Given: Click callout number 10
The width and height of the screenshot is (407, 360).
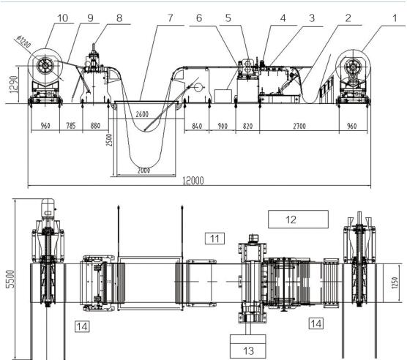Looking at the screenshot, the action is point(62,18).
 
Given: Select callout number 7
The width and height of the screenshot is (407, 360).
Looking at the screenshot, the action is point(170,18).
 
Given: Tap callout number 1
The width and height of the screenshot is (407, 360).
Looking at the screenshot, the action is point(395,18).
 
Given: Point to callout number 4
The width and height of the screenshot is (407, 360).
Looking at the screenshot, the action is point(283,18).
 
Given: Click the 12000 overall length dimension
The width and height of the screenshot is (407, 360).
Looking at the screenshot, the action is point(193,181).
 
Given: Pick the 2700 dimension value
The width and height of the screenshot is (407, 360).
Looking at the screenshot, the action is point(299,126).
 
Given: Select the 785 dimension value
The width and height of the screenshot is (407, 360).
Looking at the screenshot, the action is point(70,126).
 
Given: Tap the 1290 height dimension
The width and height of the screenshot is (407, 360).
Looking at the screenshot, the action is point(14,84).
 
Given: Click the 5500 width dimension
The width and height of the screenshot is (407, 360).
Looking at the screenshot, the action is point(11,279).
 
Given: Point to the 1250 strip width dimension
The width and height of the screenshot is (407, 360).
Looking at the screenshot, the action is point(395,282).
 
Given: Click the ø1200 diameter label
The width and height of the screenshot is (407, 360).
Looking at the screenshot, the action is point(24,42).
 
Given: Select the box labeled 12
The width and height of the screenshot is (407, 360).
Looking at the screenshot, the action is point(298,220).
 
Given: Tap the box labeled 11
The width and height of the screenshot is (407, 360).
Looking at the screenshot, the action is point(214,239).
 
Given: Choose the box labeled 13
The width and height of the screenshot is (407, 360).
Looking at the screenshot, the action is point(248,346).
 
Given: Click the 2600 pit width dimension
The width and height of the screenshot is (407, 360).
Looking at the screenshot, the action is point(142,114).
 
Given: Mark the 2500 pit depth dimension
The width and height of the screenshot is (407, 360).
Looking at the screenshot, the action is point(110,140).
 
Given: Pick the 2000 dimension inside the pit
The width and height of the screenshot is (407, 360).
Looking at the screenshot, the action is point(143,170).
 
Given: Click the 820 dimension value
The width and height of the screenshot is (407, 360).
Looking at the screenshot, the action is point(247,126).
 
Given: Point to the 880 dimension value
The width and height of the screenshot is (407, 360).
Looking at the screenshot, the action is point(95,126).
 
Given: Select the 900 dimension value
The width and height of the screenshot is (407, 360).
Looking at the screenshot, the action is point(223,126).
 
